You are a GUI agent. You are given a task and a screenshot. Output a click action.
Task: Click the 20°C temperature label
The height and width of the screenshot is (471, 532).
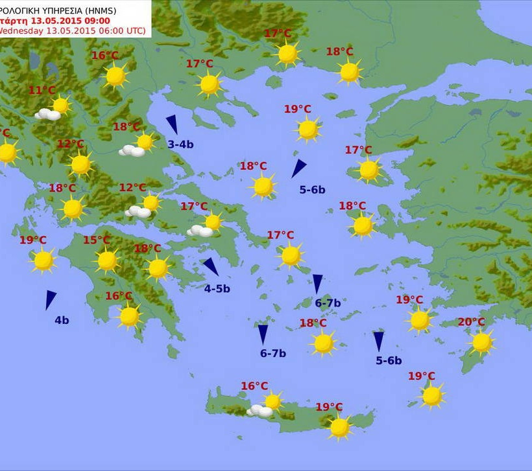pyautogui.click(x=471, y=322)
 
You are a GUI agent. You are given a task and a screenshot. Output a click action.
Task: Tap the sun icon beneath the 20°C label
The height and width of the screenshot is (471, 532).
pyautogui.click(x=481, y=342)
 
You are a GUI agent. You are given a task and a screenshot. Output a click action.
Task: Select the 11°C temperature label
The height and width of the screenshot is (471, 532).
pyautogui.click(x=42, y=90)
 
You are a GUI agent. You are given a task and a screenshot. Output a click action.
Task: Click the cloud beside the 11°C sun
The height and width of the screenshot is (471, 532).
pyautogui.click(x=47, y=115)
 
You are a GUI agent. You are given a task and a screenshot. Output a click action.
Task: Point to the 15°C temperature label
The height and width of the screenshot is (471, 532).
pyautogui.click(x=96, y=240)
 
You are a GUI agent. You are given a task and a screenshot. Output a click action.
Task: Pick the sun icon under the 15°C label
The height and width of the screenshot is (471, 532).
pyautogui.click(x=107, y=260)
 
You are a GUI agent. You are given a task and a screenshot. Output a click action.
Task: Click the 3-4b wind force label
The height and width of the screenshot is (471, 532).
pyautogui.click(x=180, y=144)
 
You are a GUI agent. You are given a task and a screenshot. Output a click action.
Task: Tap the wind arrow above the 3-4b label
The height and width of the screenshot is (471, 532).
pyautogui.click(x=172, y=124)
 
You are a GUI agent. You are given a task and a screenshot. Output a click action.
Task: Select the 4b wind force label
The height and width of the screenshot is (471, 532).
pyautogui.click(x=62, y=320)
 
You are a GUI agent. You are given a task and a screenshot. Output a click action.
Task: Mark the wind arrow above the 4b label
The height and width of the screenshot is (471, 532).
pyautogui.click(x=50, y=299)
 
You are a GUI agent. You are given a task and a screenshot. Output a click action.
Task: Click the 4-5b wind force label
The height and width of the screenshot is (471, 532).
pyautogui.click(x=217, y=289)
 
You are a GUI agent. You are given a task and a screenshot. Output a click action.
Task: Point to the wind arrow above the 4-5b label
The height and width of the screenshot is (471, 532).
pyautogui.click(x=210, y=266)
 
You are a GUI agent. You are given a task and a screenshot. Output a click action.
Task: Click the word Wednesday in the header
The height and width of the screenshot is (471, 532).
pyautogui.click(x=21, y=30)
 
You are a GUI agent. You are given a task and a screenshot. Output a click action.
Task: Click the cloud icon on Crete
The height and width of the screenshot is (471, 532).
pyautogui.click(x=260, y=411)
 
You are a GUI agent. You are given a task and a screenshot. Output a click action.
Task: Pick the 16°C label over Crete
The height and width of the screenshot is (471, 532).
pyautogui.click(x=254, y=386)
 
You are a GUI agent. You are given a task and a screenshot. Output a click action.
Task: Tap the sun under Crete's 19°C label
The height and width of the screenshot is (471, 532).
pyautogui.click(x=339, y=427)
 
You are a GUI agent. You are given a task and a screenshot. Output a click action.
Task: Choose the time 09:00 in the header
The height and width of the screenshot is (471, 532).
pyautogui.click(x=96, y=20)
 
